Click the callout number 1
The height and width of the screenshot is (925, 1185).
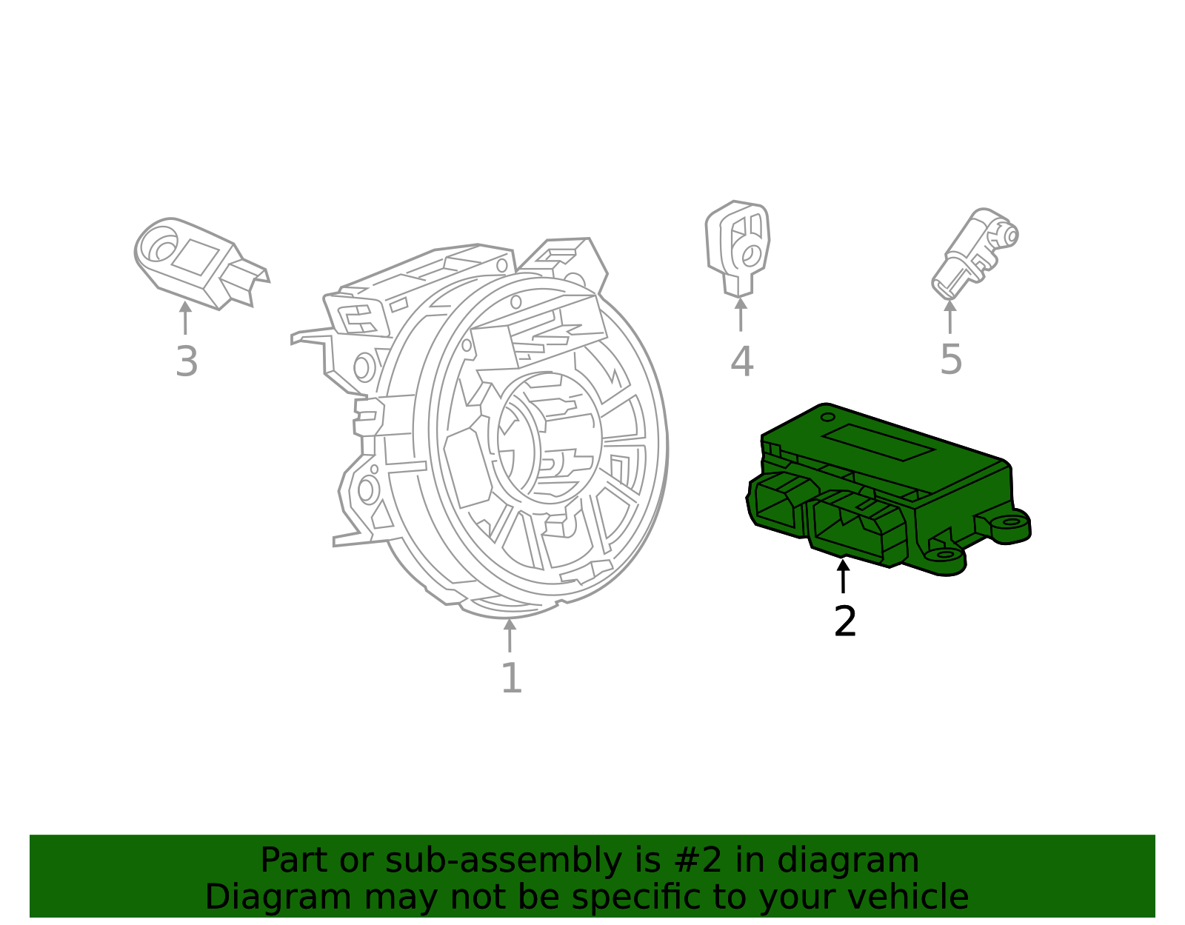tap(511, 678)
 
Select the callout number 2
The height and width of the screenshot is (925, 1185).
tap(844, 621)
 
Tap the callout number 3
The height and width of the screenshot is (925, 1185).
tap(187, 362)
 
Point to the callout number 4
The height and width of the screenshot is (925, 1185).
tap(741, 362)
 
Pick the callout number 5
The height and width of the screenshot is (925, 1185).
tap(951, 360)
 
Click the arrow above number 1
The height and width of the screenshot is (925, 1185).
tap(510, 635)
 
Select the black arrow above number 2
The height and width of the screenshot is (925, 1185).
tap(843, 576)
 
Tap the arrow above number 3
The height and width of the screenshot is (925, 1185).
tap(185, 318)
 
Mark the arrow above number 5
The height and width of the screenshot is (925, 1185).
tap(950, 316)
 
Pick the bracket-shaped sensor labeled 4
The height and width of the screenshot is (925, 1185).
tap(738, 247)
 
